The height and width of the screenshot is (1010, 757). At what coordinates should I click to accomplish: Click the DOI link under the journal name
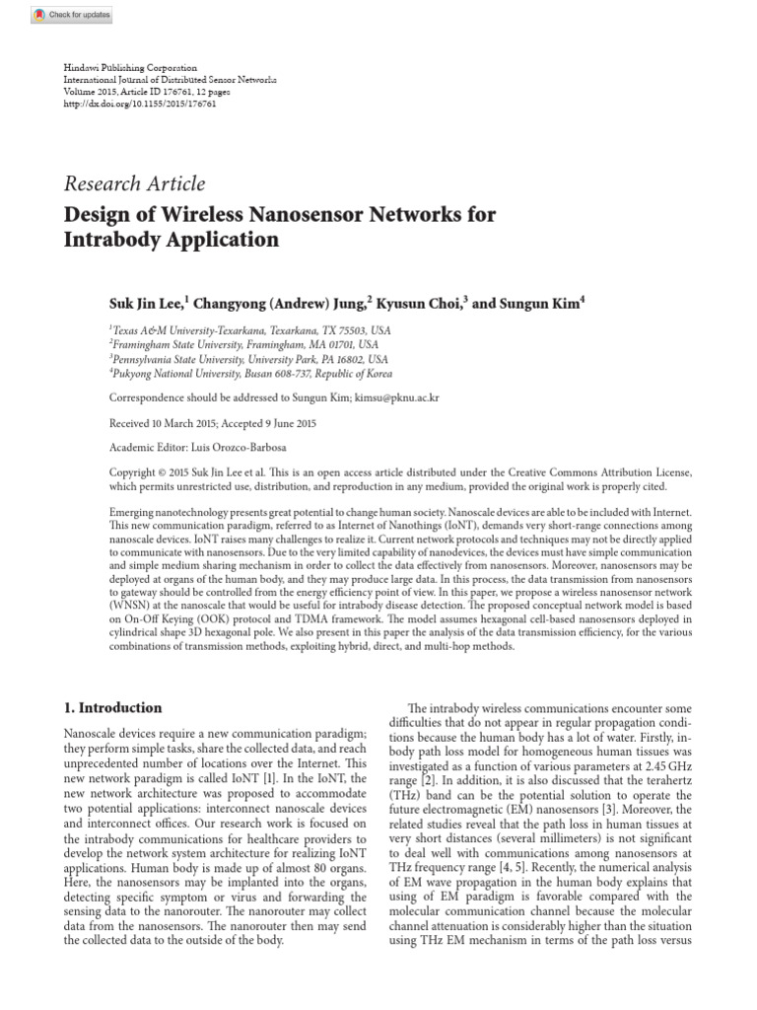[x=140, y=103]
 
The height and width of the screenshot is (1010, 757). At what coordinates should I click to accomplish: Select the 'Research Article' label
[x=135, y=183]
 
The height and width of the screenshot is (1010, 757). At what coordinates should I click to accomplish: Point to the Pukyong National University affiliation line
[x=250, y=374]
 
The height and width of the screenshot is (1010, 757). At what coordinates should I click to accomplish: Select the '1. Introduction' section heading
[x=112, y=707]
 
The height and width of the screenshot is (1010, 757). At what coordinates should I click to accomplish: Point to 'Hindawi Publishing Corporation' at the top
[x=130, y=67]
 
